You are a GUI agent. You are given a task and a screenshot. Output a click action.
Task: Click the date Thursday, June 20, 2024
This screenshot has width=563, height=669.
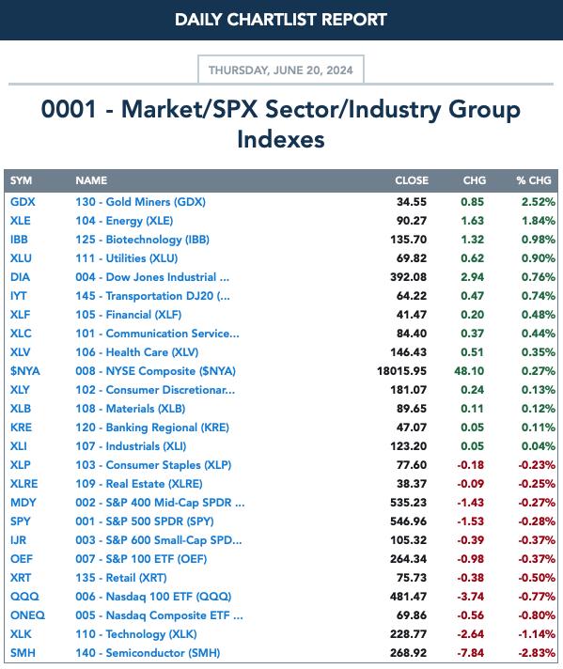[x=280, y=70]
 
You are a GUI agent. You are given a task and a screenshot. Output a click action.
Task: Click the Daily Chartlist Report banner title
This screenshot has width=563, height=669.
[x=281, y=20]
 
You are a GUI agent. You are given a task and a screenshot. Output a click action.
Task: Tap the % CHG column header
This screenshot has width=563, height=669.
[x=534, y=180]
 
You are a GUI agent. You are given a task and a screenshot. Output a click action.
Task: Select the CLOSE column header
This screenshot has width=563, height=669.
[x=412, y=180]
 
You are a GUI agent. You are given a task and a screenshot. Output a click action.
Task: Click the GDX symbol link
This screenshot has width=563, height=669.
[x=23, y=202]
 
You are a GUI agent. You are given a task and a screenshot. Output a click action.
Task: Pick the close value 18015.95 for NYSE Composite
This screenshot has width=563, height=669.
[x=401, y=371]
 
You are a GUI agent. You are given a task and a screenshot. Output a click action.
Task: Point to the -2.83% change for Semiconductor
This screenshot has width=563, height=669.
[x=537, y=653]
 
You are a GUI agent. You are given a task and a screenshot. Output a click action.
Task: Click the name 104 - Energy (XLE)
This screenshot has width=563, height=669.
[x=124, y=221]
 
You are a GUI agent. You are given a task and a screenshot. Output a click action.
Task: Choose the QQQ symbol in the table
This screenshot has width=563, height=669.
[x=24, y=597]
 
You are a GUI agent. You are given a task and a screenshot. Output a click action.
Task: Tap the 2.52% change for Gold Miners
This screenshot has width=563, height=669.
[x=539, y=202]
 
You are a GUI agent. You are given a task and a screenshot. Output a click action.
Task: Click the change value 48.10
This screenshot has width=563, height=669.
[x=469, y=371]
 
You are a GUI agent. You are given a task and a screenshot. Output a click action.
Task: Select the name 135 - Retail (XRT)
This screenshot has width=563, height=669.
[x=121, y=578]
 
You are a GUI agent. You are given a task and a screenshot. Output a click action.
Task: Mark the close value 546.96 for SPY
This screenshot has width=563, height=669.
[x=408, y=521]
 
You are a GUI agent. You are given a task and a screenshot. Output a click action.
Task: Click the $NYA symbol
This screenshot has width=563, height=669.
[x=24, y=371]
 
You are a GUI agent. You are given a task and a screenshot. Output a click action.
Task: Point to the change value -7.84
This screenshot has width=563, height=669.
[x=470, y=653]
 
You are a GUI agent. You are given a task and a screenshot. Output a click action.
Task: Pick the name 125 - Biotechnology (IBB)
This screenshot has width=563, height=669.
[x=143, y=240]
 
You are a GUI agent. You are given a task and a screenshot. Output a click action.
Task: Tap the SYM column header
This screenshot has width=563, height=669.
[x=21, y=180]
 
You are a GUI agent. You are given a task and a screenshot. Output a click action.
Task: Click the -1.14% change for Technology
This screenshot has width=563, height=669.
[x=537, y=634]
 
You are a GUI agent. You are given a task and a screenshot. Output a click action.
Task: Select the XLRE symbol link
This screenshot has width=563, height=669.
[x=23, y=484]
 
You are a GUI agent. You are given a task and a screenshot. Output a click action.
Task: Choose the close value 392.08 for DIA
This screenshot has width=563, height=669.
[x=408, y=277]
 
